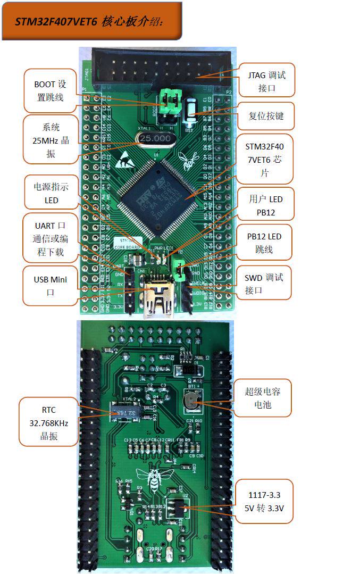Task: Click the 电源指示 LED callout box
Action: [51, 193]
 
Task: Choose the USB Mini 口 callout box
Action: [50, 286]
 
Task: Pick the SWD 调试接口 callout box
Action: [264, 284]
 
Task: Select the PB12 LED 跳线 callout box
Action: [264, 243]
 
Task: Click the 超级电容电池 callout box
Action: [262, 398]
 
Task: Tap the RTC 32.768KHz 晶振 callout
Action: [48, 423]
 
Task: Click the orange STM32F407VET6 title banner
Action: [91, 21]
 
